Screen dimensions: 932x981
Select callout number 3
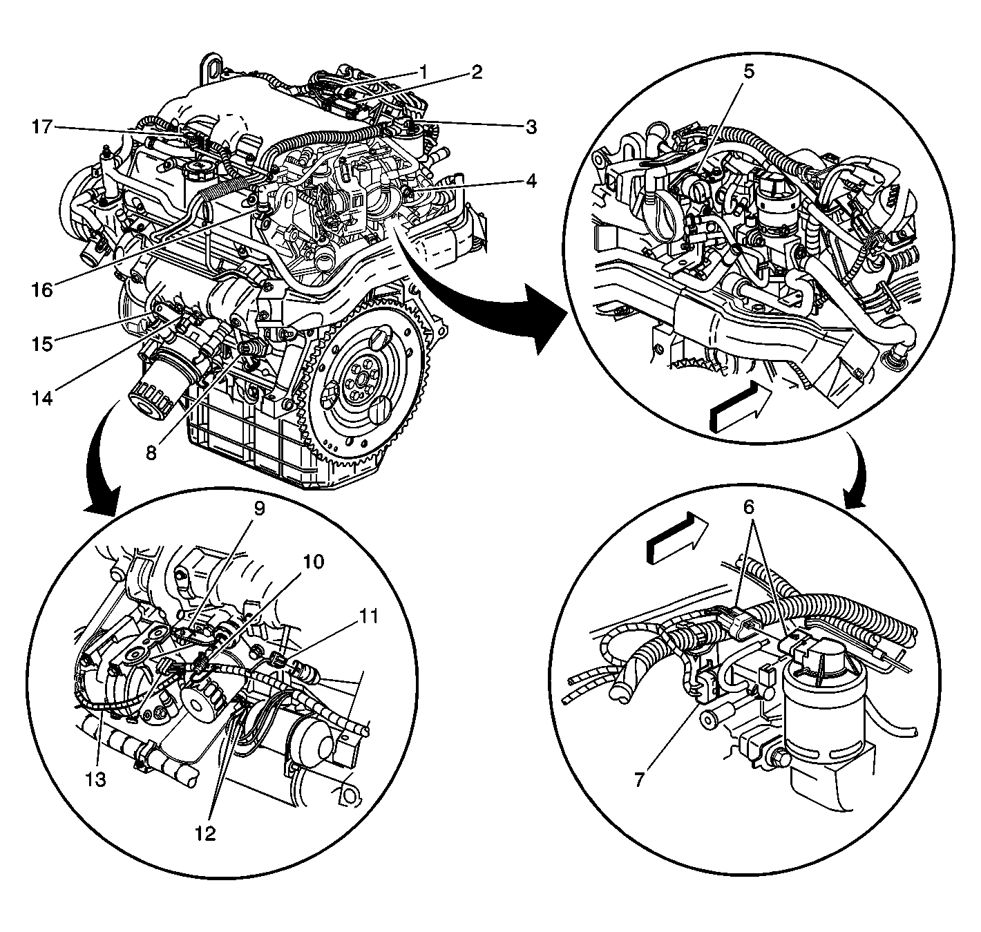[x=530, y=126]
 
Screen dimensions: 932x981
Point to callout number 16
[x=41, y=289]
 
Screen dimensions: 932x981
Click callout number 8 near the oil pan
[x=151, y=452]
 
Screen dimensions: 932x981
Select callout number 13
[x=95, y=779]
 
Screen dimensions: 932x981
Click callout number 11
[x=370, y=615]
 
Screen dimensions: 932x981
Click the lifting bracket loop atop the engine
[x=213, y=69]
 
